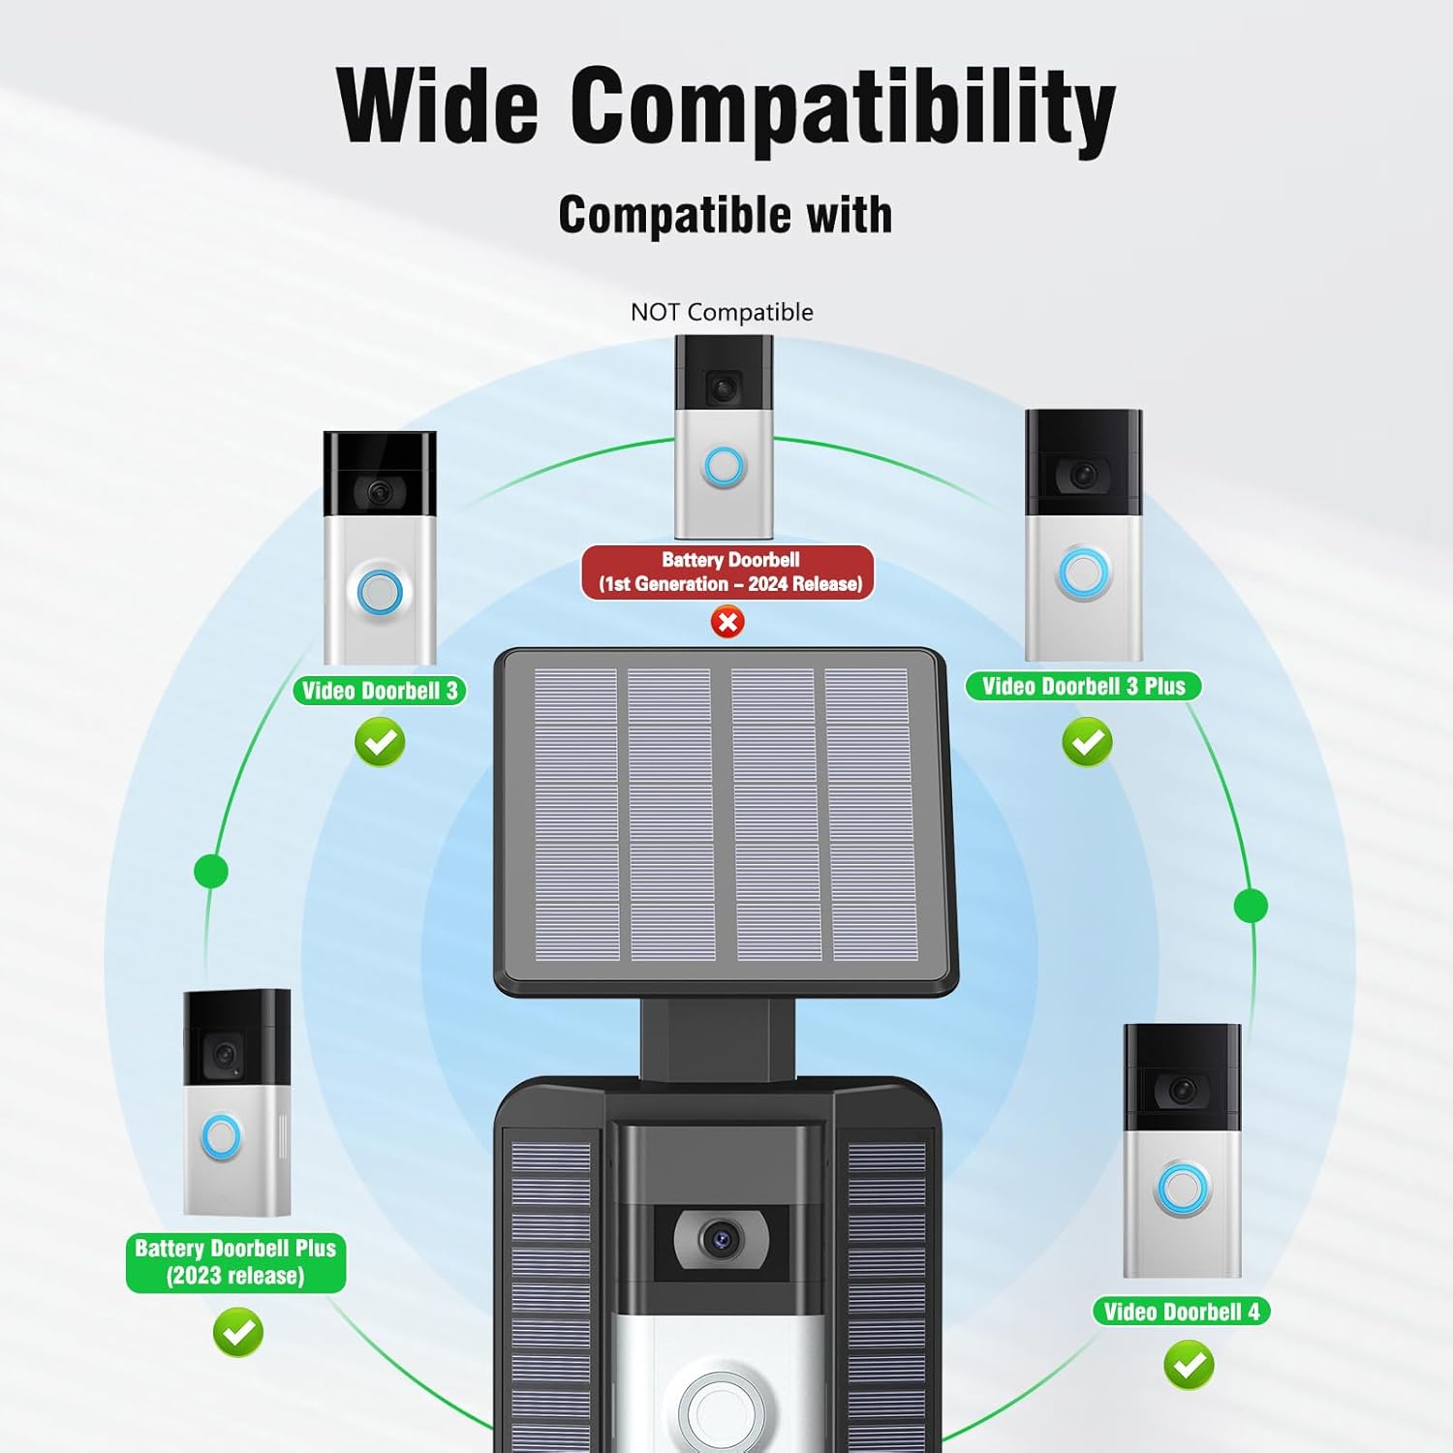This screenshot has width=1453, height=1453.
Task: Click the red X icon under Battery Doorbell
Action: click(x=727, y=622)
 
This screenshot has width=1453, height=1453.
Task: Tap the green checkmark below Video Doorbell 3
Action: click(x=380, y=742)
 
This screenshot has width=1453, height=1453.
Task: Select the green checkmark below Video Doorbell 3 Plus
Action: click(x=1087, y=742)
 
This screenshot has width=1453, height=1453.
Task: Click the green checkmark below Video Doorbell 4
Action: click(x=1189, y=1365)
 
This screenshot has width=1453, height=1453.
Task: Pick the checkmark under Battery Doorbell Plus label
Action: click(x=237, y=1332)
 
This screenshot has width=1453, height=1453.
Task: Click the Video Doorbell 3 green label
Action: click(x=380, y=691)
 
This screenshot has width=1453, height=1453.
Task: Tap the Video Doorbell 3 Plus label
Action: click(x=1083, y=687)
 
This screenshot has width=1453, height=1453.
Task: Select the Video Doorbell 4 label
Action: click(x=1181, y=1312)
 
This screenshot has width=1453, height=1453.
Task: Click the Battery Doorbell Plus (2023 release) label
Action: click(x=235, y=1262)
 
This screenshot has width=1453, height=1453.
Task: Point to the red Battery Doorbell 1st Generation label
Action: click(x=728, y=572)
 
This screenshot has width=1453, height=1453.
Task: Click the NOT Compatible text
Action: click(x=722, y=312)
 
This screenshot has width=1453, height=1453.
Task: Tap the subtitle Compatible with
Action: click(x=725, y=215)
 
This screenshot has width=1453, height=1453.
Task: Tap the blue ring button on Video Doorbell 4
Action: click(x=1182, y=1189)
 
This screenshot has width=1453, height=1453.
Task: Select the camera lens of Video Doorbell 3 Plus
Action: click(x=1084, y=474)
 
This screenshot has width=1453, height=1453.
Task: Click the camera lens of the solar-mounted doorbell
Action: click(x=720, y=1238)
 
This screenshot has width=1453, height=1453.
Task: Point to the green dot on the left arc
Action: click(x=211, y=871)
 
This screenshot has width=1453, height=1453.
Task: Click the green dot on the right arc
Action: click(x=1251, y=906)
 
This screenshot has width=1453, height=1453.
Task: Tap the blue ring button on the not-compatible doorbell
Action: click(x=724, y=467)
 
